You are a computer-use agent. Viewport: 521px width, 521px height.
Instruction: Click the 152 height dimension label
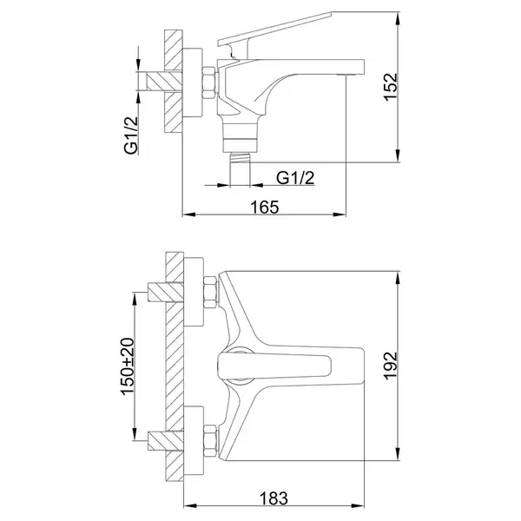click(391, 86)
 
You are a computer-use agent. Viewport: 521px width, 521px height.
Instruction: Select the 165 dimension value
click(265, 207)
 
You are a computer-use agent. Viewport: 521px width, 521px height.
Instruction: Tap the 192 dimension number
click(391, 366)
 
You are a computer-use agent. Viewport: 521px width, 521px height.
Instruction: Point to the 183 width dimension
click(274, 498)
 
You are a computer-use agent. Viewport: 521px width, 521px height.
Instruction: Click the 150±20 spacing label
click(128, 366)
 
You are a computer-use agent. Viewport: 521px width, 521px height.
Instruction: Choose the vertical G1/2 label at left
click(131, 135)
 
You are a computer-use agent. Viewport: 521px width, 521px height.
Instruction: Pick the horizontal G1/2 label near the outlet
click(295, 178)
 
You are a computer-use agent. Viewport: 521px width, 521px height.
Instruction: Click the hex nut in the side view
click(209, 82)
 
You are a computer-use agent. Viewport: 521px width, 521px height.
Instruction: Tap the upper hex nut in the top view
click(211, 293)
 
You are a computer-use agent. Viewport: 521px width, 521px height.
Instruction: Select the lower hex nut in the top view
click(211, 441)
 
